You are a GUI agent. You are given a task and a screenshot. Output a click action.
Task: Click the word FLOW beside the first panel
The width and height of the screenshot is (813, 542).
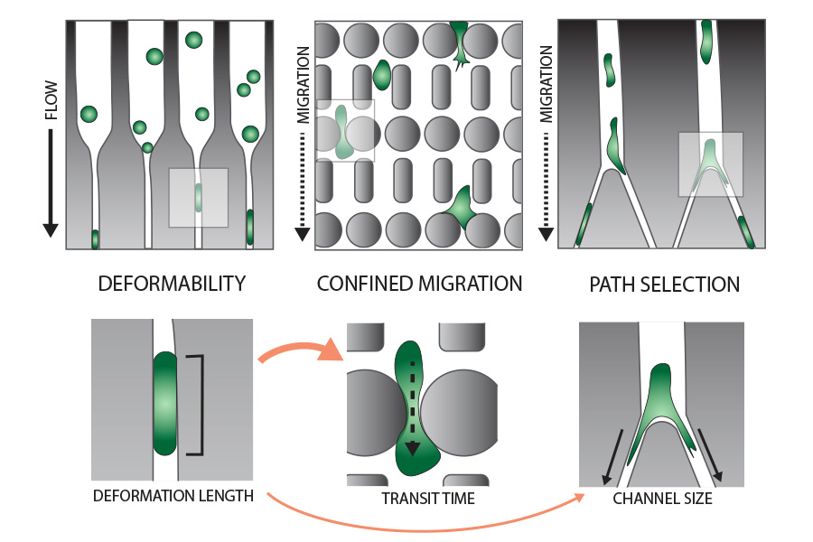(51, 100)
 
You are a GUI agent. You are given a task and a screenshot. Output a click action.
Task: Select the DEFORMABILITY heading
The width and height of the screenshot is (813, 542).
(172, 284)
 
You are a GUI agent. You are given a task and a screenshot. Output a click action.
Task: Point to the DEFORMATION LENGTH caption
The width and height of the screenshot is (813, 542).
(173, 496)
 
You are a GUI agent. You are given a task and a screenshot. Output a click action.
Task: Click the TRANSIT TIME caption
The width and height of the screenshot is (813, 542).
(428, 499)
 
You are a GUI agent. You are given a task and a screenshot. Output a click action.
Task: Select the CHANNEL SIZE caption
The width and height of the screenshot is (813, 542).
(662, 499)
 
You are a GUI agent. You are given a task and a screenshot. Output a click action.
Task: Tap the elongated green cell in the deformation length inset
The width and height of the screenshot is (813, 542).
(165, 404)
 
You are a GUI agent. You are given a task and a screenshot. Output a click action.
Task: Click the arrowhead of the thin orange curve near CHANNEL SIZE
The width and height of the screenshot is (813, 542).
(579, 498)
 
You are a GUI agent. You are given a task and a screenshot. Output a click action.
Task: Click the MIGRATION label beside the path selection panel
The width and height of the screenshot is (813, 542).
(546, 84)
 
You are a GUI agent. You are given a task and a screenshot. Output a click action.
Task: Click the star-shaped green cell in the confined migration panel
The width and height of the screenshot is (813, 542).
(460, 208)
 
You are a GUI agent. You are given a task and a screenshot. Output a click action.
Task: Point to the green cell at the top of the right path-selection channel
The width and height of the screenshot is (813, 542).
(706, 42)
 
